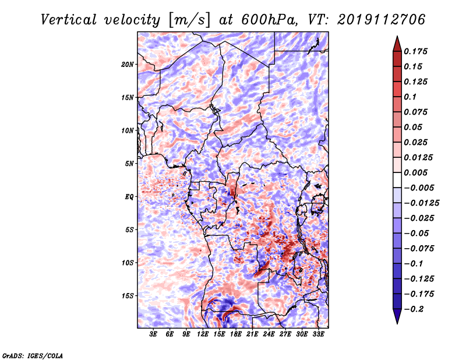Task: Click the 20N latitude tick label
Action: [x=128, y=65]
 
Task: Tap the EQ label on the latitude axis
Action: [x=129, y=197]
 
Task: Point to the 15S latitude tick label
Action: [x=128, y=296]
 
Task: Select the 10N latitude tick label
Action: [x=128, y=130]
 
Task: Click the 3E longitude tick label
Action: [x=153, y=334]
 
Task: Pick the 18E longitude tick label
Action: [x=235, y=334]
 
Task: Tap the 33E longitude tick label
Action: [x=318, y=334]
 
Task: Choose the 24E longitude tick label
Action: [x=269, y=334]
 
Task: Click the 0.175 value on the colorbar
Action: [x=415, y=51]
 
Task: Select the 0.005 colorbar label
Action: [x=415, y=172]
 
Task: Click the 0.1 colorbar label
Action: [x=410, y=97]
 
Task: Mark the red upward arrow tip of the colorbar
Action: [x=397, y=37]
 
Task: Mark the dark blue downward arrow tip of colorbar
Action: [x=397, y=323]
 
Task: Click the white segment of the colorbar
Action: [x=397, y=180]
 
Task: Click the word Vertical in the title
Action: [x=69, y=20]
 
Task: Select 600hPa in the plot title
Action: [x=269, y=20]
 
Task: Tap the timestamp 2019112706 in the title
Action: [x=382, y=20]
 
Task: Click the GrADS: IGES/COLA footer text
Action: [x=33, y=355]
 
